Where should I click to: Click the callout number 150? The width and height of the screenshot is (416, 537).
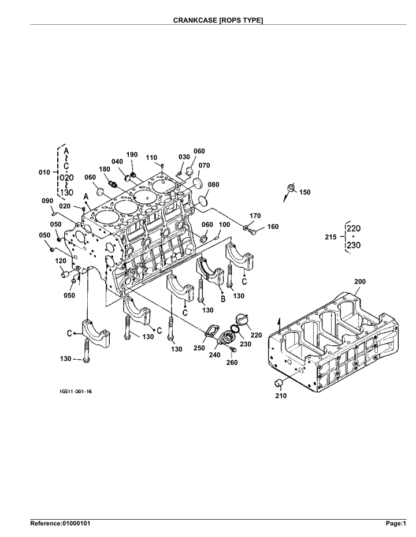[304, 192]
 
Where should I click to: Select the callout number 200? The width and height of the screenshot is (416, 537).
[359, 281]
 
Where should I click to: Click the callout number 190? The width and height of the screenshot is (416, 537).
[132, 155]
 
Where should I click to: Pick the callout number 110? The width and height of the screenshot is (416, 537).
[151, 158]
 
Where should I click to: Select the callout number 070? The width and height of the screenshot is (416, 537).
[203, 165]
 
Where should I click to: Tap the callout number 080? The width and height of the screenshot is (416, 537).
[213, 185]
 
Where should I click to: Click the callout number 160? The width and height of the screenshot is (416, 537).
[273, 226]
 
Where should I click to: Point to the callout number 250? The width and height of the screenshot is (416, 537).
[199, 348]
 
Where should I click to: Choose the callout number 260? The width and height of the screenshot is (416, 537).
[232, 363]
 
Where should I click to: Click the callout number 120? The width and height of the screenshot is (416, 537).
[60, 261]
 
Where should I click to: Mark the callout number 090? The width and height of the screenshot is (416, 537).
[47, 200]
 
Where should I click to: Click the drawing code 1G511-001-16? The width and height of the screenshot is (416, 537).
[76, 391]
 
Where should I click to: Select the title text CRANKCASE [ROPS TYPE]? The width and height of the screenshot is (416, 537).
[218, 20]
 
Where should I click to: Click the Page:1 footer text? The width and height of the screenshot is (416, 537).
[397, 524]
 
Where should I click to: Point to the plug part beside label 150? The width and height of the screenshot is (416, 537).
[291, 188]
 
